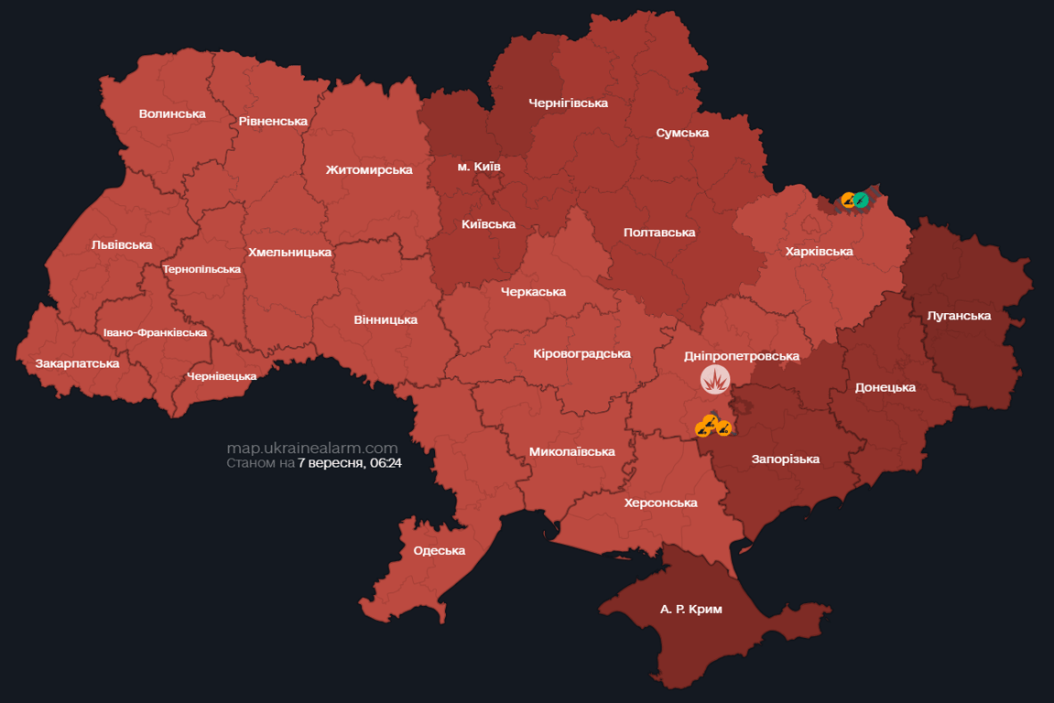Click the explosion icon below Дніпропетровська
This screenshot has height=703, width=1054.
pyautogui.click(x=715, y=379)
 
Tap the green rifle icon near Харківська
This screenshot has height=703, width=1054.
pyautogui.click(x=861, y=200)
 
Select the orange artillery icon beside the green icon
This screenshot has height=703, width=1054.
pyautogui.click(x=849, y=200)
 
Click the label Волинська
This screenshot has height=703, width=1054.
pyautogui.click(x=172, y=114)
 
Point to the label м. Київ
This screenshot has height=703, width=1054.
pyautogui.click(x=479, y=167)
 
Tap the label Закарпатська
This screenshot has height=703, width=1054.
pyautogui.click(x=77, y=363)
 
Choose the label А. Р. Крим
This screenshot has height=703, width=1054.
pyautogui.click(x=690, y=609)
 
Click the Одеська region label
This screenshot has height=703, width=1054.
pyautogui.click(x=440, y=550)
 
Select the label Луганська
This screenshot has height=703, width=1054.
pyautogui.click(x=959, y=316)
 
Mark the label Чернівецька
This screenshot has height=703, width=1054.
pyautogui.click(x=222, y=376)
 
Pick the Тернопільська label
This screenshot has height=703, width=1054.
pyautogui.click(x=201, y=269)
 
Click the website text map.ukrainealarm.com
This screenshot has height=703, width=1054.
pyautogui.click(x=312, y=449)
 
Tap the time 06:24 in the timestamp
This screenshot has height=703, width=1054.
pyautogui.click(x=386, y=464)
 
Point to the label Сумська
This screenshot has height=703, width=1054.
pyautogui.click(x=682, y=133)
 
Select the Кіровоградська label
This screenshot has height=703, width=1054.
pyautogui.click(x=581, y=353)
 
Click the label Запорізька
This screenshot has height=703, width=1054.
pyautogui.click(x=785, y=459)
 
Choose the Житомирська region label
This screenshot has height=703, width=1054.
pyautogui.click(x=369, y=169)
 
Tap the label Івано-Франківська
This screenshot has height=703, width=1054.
pyautogui.click(x=155, y=333)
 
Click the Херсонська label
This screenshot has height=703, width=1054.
pyautogui.click(x=660, y=503)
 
